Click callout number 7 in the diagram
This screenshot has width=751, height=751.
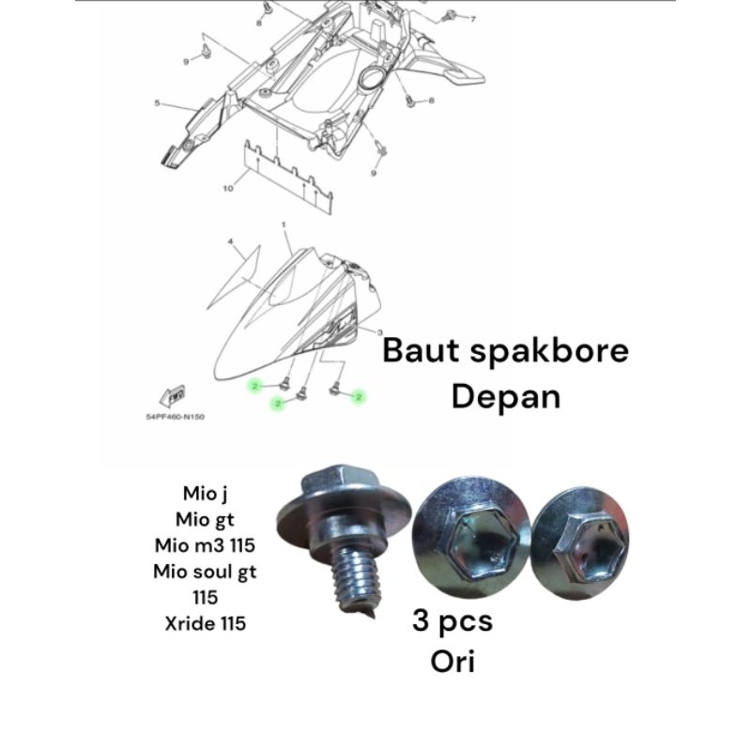473,19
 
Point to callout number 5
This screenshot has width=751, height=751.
158,104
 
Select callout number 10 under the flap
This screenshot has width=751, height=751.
227,189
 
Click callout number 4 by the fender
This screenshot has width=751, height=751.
229,242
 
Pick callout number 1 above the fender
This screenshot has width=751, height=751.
283,226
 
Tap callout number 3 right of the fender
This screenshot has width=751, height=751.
378,333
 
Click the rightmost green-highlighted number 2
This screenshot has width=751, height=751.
359,398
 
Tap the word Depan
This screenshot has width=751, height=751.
505,395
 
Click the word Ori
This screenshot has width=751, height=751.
453,661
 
